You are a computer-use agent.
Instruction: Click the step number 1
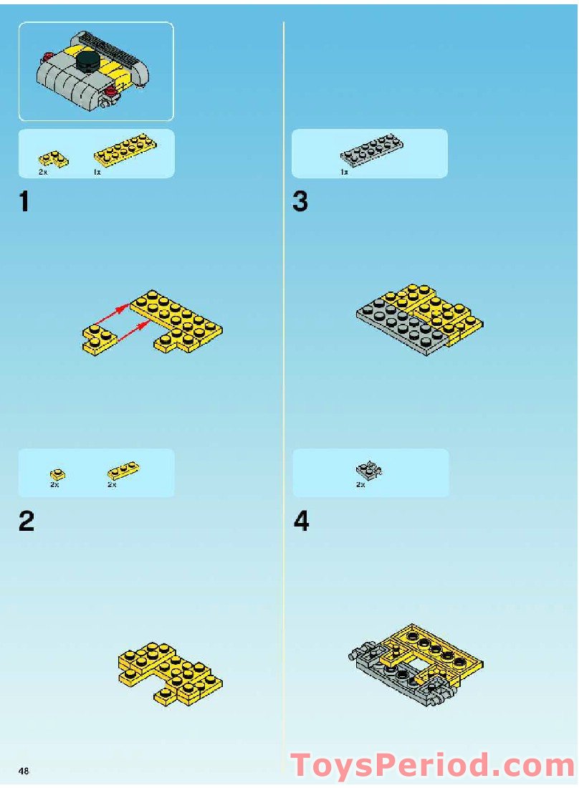click(x=24, y=202)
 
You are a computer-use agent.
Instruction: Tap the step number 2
click(x=27, y=521)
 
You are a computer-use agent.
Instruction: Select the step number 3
click(x=300, y=201)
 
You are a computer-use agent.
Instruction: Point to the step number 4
click(x=301, y=521)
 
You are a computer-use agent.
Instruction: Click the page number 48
click(x=24, y=771)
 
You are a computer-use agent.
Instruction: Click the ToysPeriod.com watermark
click(x=433, y=765)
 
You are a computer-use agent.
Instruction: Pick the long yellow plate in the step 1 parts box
click(x=125, y=149)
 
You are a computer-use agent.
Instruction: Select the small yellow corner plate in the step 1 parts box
click(x=53, y=159)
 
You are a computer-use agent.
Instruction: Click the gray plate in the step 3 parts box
click(x=371, y=150)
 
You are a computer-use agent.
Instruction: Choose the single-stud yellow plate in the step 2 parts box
click(x=57, y=474)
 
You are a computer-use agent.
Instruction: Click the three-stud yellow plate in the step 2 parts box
click(x=123, y=471)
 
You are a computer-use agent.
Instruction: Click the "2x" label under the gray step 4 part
click(x=360, y=484)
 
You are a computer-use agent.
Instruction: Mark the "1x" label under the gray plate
click(x=344, y=172)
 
